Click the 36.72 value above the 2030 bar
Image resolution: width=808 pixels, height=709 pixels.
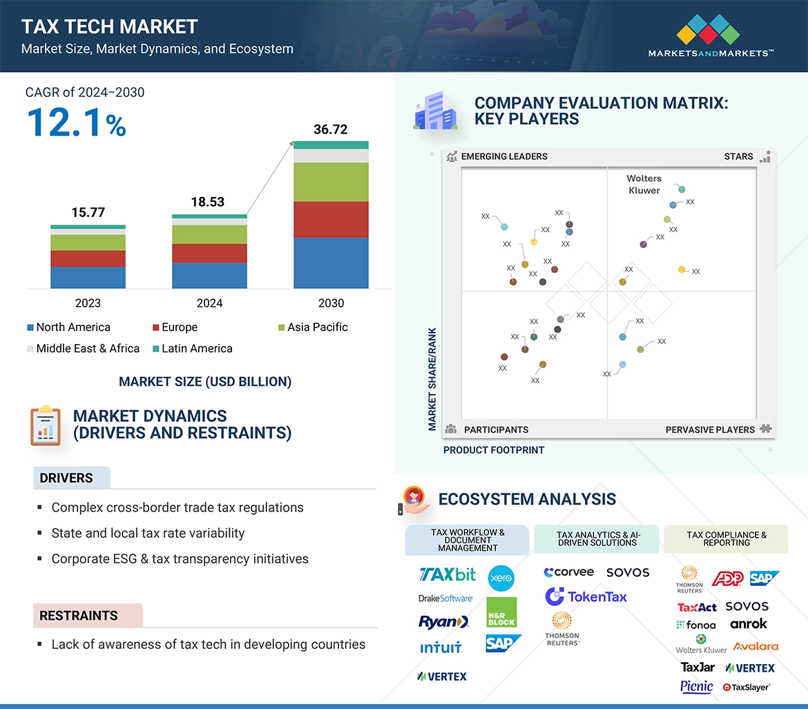coord(330,129)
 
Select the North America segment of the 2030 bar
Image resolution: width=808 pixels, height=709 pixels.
coord(331,263)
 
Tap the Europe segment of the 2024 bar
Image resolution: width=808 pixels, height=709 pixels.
coord(209,253)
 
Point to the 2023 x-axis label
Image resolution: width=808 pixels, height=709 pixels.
coord(88,303)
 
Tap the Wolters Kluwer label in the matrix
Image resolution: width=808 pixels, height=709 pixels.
coord(644,185)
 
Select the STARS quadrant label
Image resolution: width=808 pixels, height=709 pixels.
coord(738,156)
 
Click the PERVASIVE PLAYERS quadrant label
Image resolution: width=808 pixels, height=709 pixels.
coord(710,430)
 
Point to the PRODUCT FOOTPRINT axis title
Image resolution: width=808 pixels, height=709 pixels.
coord(494,450)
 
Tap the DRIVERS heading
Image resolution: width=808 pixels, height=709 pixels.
coord(66,478)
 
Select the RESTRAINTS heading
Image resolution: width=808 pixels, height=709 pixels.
coord(79,616)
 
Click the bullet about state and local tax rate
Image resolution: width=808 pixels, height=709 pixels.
coord(148,533)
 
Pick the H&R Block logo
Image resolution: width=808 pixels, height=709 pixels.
coord(501,612)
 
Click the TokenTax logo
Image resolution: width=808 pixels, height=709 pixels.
coord(586,596)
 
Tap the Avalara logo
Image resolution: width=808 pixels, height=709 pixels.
coord(756,647)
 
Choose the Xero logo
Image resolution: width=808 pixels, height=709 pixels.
coord(501,578)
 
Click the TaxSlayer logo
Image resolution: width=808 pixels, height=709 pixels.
coord(746,687)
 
